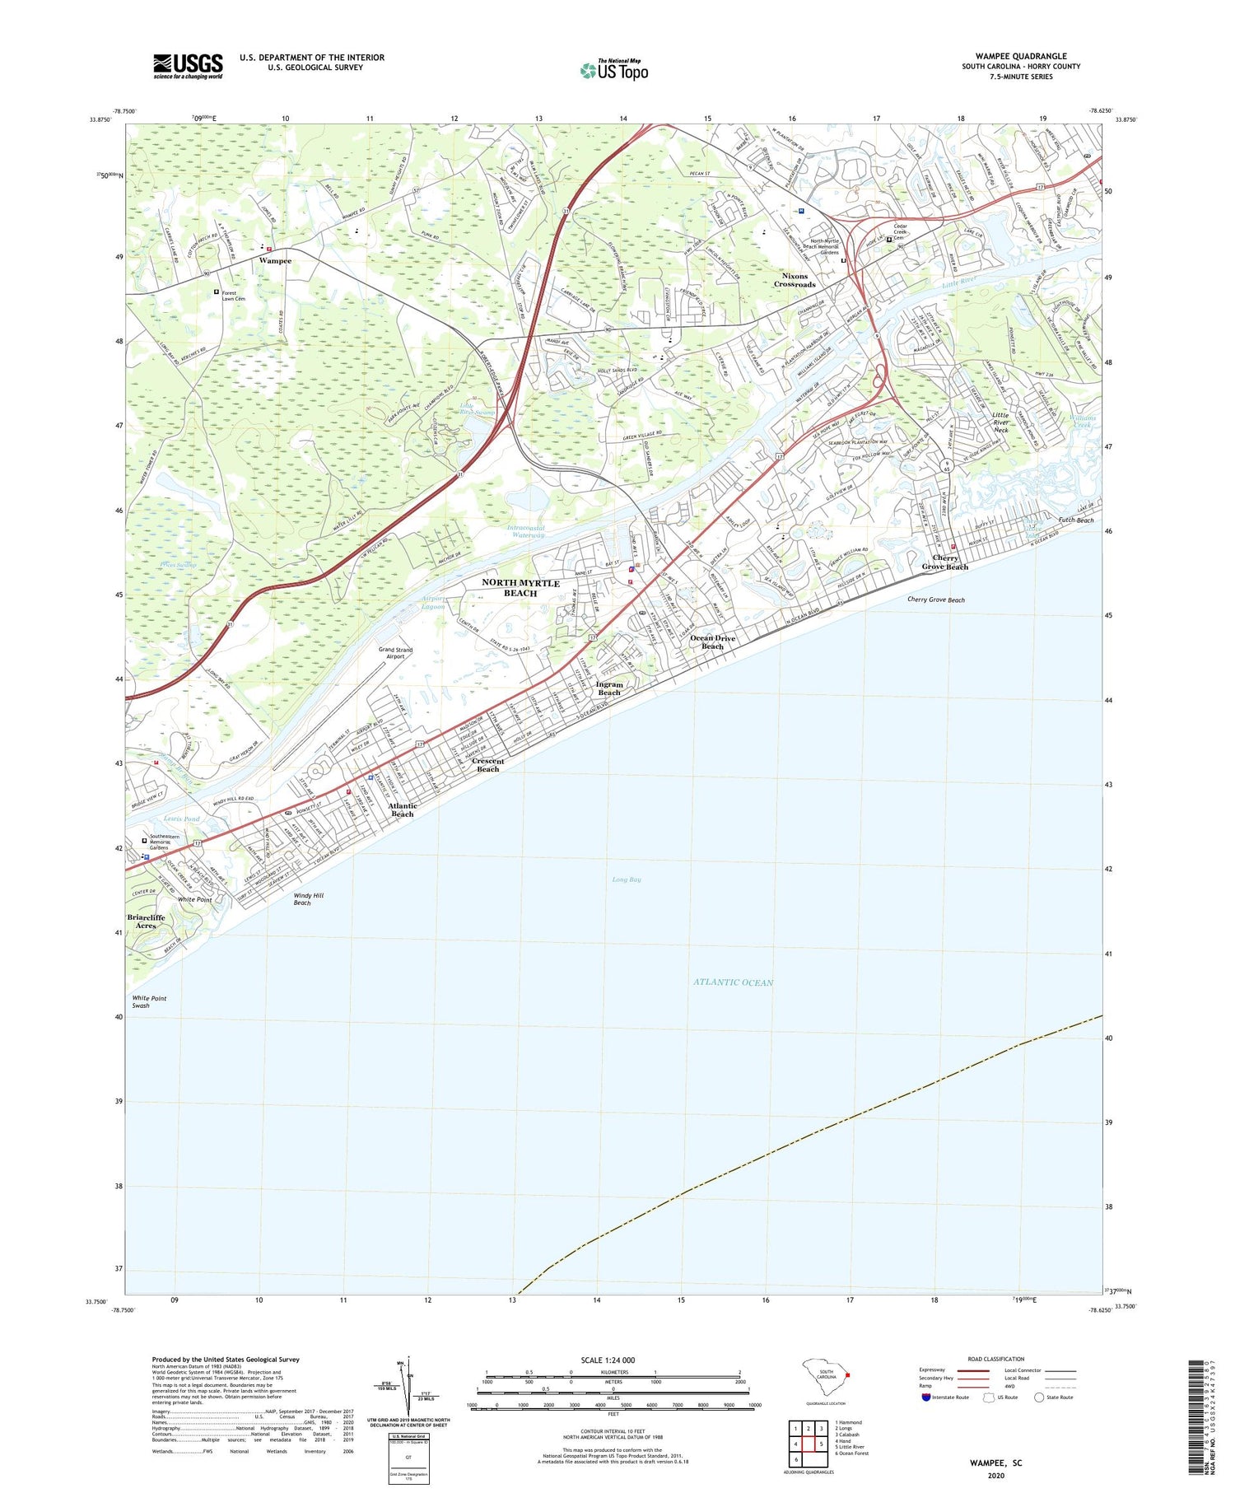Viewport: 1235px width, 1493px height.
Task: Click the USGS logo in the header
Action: pos(188,66)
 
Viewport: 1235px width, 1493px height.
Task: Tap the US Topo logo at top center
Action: pos(613,71)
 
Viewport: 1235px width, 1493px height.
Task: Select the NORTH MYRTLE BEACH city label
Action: pos(520,587)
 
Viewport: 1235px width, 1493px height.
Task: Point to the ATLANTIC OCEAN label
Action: pos(733,982)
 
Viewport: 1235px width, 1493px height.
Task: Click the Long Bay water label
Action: pos(626,879)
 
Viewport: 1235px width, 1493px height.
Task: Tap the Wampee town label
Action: pos(275,260)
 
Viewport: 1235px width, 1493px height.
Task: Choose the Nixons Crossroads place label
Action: pos(795,280)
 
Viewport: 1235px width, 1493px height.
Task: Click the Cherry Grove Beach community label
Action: pos(944,562)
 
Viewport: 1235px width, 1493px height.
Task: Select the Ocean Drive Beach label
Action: pos(713,642)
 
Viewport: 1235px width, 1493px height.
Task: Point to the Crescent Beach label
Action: pos(488,764)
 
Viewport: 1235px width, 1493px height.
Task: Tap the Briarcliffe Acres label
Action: pos(146,921)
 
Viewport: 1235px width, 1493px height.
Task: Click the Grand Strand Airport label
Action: pos(396,653)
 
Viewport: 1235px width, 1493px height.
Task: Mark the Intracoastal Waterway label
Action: pos(526,531)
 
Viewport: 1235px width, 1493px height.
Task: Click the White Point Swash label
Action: pos(149,1001)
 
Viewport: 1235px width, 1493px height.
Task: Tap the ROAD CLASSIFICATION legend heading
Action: pos(995,1359)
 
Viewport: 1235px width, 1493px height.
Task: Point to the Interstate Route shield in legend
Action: pos(925,1397)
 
